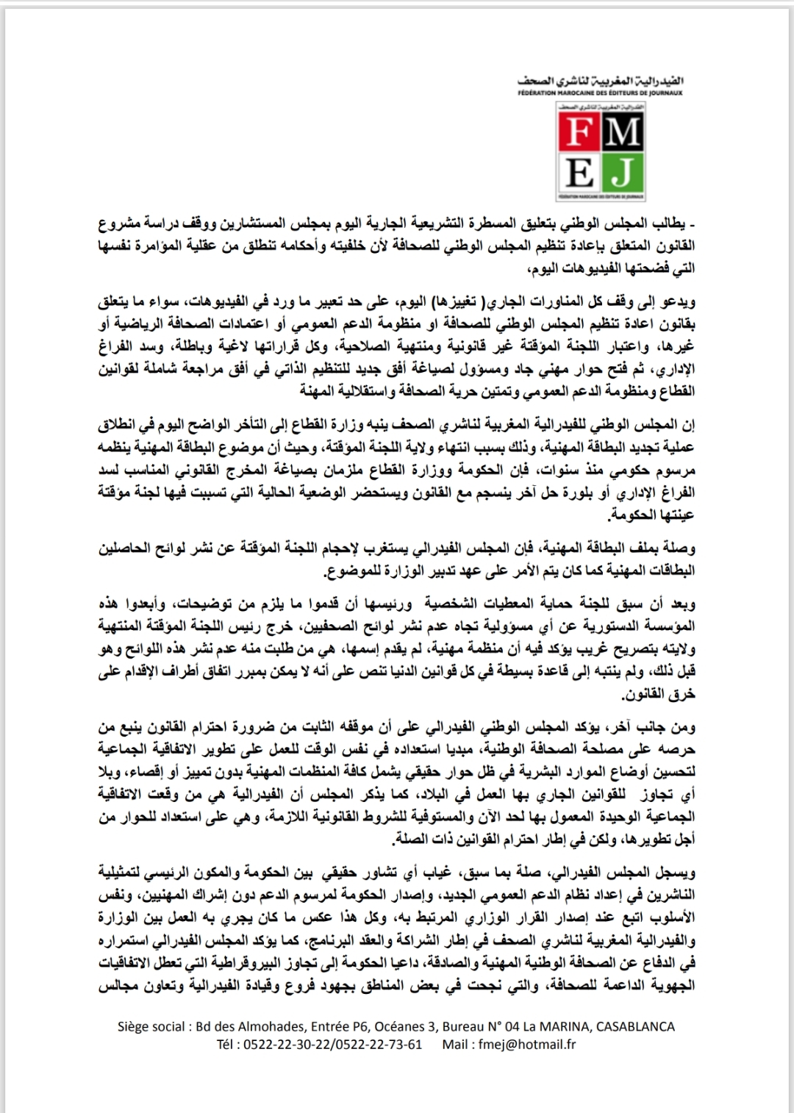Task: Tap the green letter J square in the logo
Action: (624, 173)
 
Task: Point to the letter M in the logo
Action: (624, 132)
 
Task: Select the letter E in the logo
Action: (579, 173)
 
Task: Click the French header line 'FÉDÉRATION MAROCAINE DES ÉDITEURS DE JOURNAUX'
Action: (600, 93)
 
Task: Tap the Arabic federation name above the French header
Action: (600, 80)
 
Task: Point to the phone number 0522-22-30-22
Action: (287, 1044)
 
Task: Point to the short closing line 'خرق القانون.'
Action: (659, 693)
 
